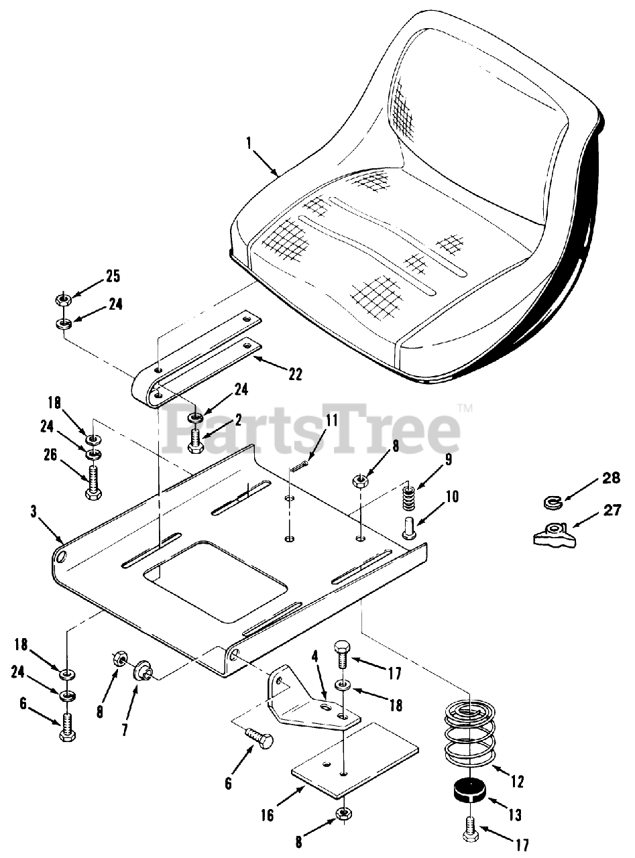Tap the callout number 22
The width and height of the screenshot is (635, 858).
point(295,375)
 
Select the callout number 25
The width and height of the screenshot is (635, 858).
point(113,277)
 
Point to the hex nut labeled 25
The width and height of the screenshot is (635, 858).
point(62,300)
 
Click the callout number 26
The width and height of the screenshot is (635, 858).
point(50,456)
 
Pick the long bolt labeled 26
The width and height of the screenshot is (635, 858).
point(93,483)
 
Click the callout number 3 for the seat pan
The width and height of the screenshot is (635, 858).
point(34,512)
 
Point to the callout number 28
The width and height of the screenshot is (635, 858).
point(612,478)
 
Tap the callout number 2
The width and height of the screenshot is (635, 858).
point(238,420)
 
